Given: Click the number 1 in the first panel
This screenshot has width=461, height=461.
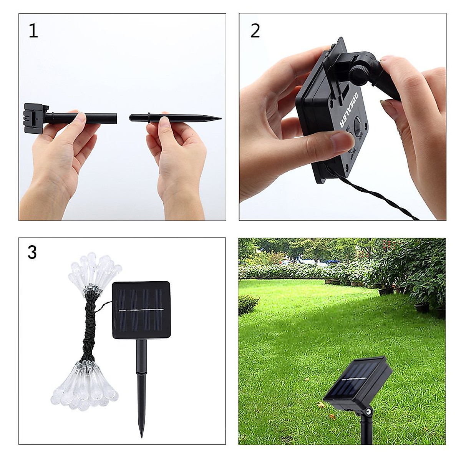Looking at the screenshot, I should click(33, 31).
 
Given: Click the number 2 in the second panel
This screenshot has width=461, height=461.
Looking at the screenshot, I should click(255, 31).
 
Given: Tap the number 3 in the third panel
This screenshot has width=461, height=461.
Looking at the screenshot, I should click(32, 252).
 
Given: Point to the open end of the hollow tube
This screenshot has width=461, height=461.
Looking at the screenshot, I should click(115, 116).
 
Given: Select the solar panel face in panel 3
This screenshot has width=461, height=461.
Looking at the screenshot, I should click(141, 310).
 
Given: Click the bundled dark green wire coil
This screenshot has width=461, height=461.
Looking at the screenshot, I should click(90, 327).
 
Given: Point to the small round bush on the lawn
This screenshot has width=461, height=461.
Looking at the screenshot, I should click(248, 303).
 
